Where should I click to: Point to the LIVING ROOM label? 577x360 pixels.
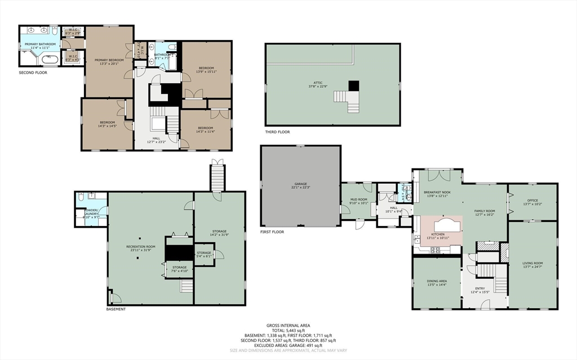(532, 265)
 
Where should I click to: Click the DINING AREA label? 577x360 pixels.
(437, 282)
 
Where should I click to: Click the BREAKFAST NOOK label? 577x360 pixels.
(436, 194)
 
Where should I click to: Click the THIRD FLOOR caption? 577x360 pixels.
(277, 132)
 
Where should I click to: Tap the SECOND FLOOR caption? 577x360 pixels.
(33, 73)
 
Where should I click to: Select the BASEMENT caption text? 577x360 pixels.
(116, 309)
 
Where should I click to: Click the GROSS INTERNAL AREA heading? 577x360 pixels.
(288, 326)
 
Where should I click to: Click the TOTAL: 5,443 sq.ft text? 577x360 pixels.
(288, 331)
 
